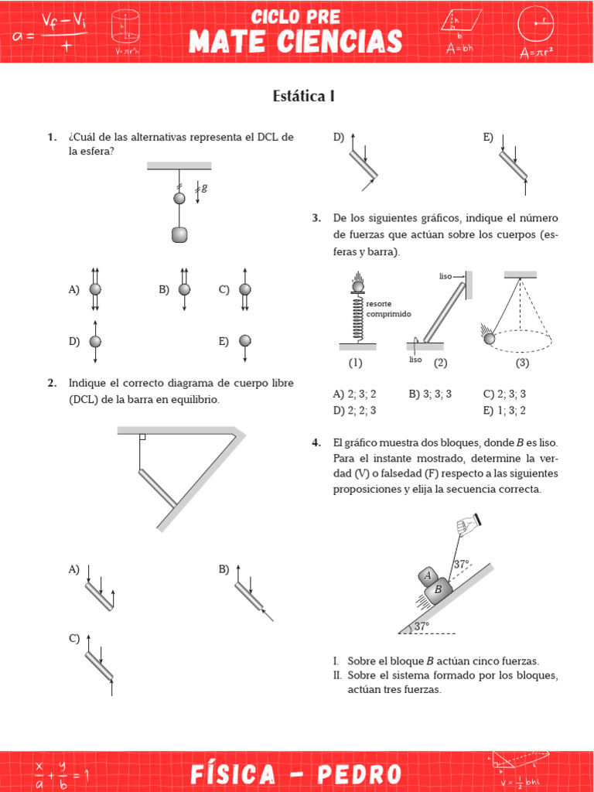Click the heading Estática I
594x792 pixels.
[303, 96]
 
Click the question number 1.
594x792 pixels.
[52, 137]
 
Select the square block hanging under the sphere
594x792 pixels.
[179, 234]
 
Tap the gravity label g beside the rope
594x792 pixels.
[205, 188]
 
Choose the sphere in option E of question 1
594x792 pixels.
[245, 340]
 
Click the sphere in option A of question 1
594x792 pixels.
[95, 289]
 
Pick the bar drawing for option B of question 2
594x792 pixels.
[249, 595]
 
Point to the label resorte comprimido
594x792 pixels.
[390, 309]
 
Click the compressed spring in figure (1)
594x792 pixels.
[357, 318]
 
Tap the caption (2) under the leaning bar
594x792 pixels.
[440, 362]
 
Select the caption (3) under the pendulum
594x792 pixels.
[523, 362]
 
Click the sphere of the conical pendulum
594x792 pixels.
[489, 338]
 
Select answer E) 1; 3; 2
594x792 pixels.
[504, 410]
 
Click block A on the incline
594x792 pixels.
[427, 575]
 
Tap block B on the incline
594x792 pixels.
[438, 589]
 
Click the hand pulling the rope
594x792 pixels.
[466, 526]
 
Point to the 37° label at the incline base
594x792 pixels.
[421, 626]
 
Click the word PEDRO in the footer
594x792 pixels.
[360, 773]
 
